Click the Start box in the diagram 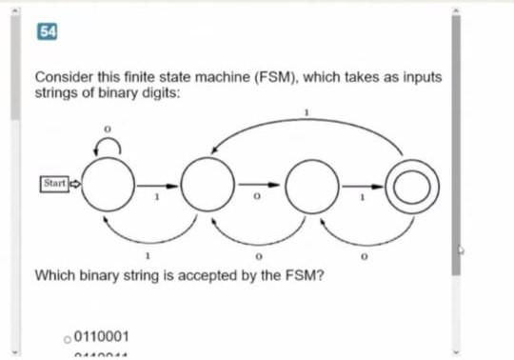pos(56,181)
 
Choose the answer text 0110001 pos(102,337)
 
